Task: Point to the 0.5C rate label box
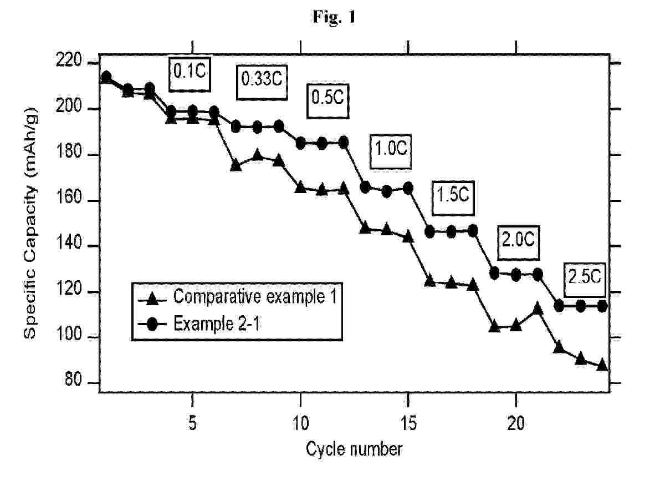[327, 98]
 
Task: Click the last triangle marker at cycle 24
[602, 365]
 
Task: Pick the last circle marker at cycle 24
[602, 306]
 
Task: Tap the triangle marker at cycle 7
[236, 165]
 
